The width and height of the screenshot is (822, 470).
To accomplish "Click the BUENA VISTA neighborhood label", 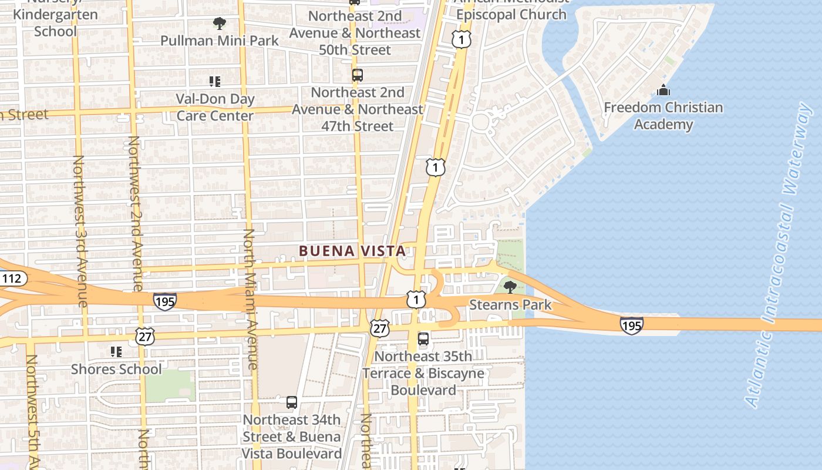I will (352, 251).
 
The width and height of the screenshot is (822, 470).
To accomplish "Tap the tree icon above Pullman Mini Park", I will (220, 23).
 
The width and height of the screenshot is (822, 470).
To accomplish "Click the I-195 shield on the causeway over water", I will (631, 325).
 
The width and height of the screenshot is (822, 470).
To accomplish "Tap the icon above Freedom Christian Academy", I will (663, 90).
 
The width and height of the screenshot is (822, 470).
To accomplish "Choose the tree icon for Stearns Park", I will (510, 287).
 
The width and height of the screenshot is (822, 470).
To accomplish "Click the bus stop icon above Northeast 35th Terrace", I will (423, 339).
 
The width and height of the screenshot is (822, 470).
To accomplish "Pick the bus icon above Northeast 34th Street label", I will (292, 402).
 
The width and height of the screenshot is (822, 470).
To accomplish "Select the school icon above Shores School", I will (116, 352).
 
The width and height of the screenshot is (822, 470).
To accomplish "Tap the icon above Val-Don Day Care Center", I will (215, 82).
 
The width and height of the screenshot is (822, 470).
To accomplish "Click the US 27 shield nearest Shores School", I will (144, 336).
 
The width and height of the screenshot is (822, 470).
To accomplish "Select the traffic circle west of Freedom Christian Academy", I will (480, 122).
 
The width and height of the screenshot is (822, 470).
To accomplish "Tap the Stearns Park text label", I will (510, 304).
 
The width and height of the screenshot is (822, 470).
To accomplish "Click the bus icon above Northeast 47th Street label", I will (358, 75).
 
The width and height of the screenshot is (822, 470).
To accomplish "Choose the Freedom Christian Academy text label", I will (663, 116).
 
